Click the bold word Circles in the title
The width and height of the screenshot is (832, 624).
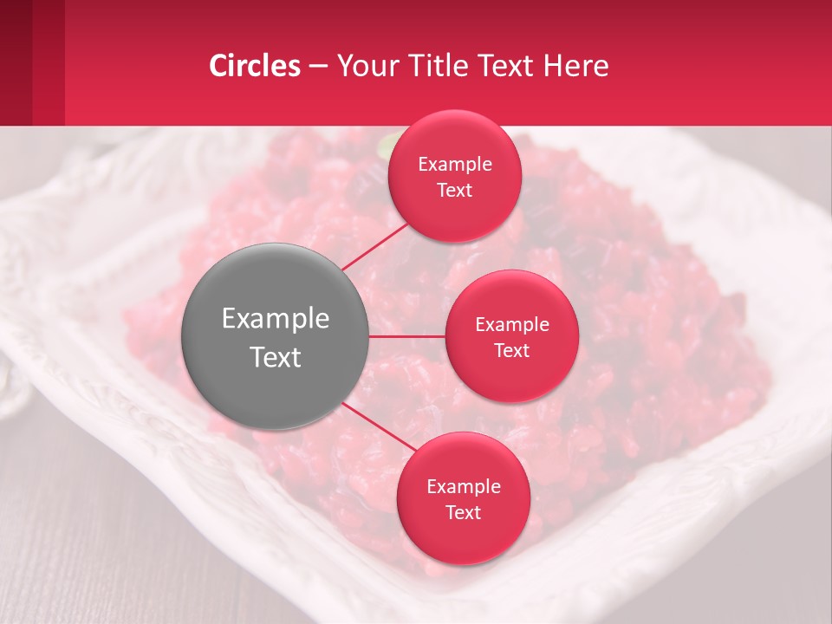click(x=254, y=66)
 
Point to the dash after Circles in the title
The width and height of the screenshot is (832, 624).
click(x=318, y=67)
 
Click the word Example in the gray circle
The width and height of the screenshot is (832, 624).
click(x=275, y=319)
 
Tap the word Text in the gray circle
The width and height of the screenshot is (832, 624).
click(x=275, y=357)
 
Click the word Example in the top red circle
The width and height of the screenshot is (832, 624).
click(x=455, y=165)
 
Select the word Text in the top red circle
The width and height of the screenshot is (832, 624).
click(x=455, y=190)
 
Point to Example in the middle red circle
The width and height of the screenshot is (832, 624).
click(x=511, y=325)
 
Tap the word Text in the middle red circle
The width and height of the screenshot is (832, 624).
click(x=511, y=350)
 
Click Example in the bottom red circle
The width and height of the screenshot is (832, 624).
click(x=464, y=487)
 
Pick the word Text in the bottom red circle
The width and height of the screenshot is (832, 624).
click(x=464, y=512)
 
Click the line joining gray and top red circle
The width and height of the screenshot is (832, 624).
click(x=374, y=246)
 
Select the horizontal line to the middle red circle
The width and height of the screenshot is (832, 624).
click(x=406, y=336)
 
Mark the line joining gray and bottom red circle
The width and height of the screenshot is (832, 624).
click(x=380, y=427)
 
